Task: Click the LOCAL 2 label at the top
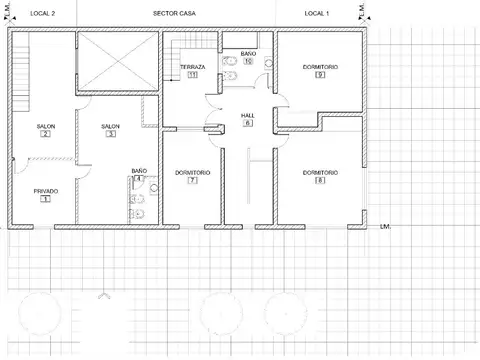tap(42, 13)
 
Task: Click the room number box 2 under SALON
tap(45, 134)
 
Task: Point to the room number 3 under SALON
tap(111, 134)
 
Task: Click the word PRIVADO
tap(45, 190)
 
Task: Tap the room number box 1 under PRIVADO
tap(45, 199)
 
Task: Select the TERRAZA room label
tap(192, 66)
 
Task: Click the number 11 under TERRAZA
tap(192, 75)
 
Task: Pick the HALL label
tap(248, 115)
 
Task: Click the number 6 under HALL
tap(248, 124)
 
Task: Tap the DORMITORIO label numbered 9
tap(319, 66)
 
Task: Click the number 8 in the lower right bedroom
tap(319, 181)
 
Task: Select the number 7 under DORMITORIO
tap(192, 181)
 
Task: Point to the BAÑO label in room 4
tap(139, 170)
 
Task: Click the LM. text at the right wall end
tap(385, 227)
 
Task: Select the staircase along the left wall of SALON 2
tap(17, 80)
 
